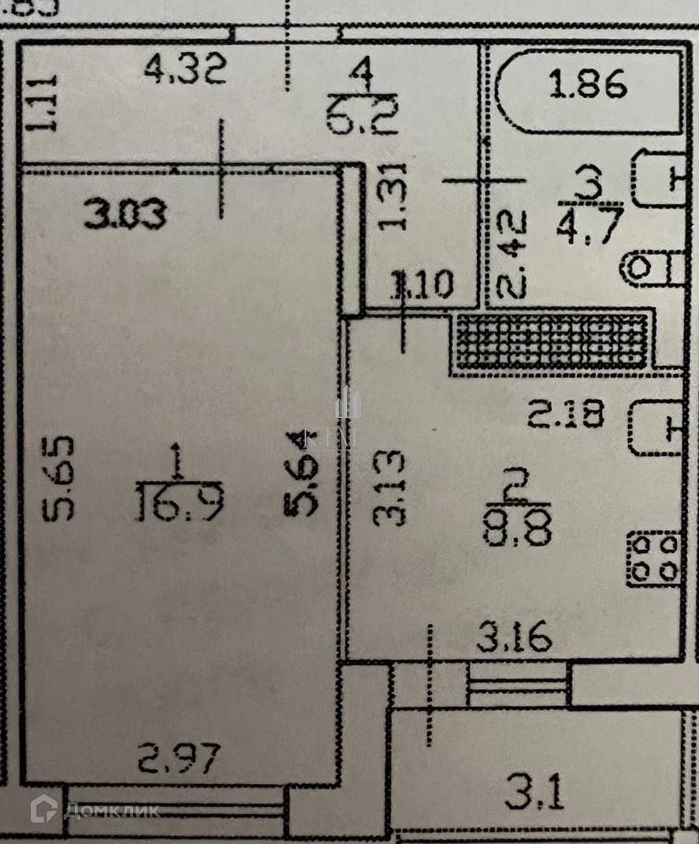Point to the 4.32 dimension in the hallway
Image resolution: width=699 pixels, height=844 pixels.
click(x=186, y=71)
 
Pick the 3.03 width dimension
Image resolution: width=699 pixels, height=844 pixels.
click(x=126, y=215)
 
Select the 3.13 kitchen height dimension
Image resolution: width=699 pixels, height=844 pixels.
click(x=390, y=487)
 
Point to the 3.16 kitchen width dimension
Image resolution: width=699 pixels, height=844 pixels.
click(x=514, y=637)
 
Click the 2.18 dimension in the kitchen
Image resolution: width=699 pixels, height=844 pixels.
click(x=566, y=414)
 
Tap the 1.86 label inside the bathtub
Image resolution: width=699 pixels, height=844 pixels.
click(x=588, y=84)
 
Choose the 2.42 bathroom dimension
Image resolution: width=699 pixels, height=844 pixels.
click(x=512, y=253)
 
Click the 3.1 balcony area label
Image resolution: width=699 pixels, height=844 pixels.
click(x=535, y=794)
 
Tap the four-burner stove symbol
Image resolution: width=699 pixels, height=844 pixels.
click(x=653, y=558)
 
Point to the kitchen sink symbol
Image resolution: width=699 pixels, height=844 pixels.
click(x=655, y=430)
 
